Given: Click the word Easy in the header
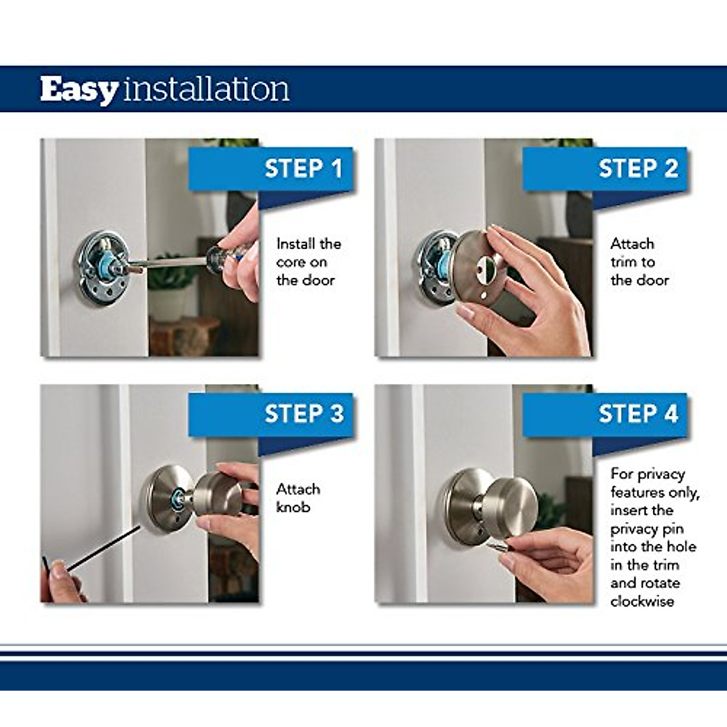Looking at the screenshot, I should pyautogui.click(x=79, y=90).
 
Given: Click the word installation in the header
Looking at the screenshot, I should pyautogui.click(x=207, y=90).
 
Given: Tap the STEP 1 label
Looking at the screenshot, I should pyautogui.click(x=303, y=168).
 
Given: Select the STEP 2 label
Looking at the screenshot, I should pyautogui.click(x=638, y=168).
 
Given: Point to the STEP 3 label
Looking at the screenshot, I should pyautogui.click(x=303, y=414).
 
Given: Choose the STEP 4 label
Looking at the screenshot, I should pyautogui.click(x=638, y=414).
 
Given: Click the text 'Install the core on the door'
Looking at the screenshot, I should pyautogui.click(x=308, y=262).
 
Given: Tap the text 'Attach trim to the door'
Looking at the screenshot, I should pyautogui.click(x=639, y=262).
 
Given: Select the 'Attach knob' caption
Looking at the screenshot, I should pyautogui.click(x=298, y=497).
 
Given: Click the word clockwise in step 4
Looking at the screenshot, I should pyautogui.click(x=642, y=602).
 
